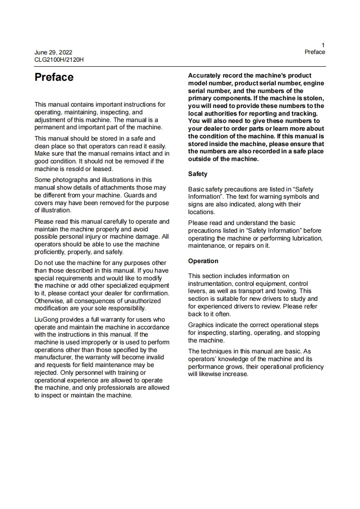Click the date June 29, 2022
[53, 52]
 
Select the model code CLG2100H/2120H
[59, 59]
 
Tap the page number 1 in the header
[323, 45]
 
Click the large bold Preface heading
[54, 78]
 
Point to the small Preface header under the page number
[315, 52]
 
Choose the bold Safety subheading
[198, 174]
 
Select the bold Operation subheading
[203, 261]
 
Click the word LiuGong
[47, 320]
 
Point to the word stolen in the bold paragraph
[313, 98]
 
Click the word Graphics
[201, 325]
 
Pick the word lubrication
[305, 238]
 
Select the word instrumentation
[210, 284]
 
